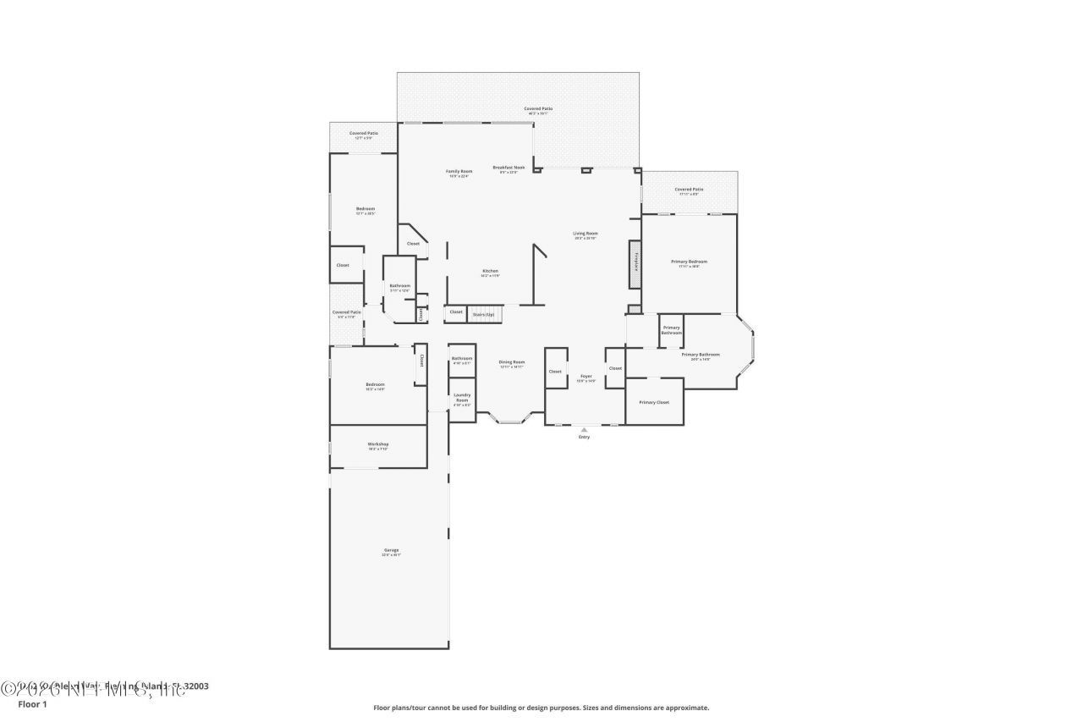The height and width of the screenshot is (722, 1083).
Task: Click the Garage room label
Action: tap(390, 551)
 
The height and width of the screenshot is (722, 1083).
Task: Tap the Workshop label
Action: tap(377, 444)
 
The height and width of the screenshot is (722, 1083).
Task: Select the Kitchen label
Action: tap(490, 272)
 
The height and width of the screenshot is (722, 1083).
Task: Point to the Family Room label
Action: tap(459, 172)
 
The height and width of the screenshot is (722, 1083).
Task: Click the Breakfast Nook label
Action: tap(509, 168)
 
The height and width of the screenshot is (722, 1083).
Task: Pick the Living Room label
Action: tap(585, 234)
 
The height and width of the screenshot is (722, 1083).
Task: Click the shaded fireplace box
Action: tap(634, 264)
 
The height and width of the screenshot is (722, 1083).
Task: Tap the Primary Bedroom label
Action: tap(689, 262)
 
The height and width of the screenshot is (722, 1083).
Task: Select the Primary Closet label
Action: tap(654, 402)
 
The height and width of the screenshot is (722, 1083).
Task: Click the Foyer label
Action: tap(585, 377)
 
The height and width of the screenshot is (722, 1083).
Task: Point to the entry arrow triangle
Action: tap(584, 429)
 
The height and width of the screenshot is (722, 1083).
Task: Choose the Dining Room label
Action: tap(512, 363)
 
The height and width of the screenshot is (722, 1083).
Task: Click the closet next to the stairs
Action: tap(456, 312)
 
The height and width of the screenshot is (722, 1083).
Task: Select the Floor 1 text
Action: tap(32, 704)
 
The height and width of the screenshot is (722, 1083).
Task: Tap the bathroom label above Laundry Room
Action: tap(462, 360)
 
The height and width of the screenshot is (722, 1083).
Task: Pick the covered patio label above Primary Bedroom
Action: tap(689, 190)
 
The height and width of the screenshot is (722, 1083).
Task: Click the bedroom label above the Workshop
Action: tap(375, 386)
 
